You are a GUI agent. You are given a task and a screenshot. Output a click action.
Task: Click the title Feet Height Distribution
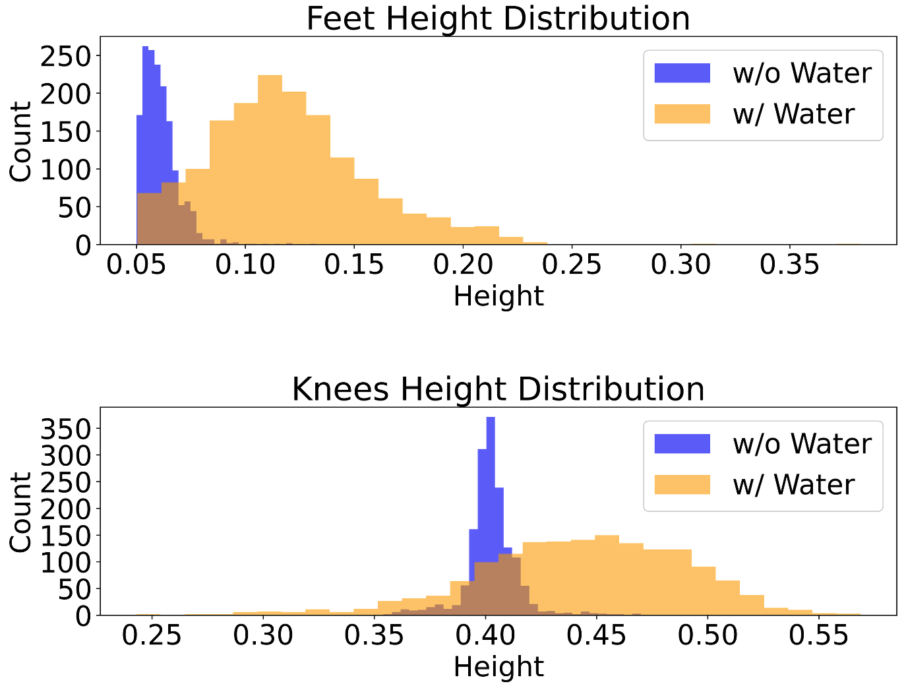(x=498, y=18)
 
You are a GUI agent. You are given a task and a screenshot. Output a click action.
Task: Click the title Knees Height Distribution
(x=498, y=389)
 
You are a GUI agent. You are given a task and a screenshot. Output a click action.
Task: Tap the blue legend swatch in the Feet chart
(x=682, y=73)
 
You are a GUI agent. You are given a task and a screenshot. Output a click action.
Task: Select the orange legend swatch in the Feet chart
(x=682, y=114)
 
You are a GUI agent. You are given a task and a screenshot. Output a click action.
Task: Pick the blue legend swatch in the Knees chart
(x=682, y=444)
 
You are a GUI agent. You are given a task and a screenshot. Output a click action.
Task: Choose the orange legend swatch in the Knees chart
(x=682, y=485)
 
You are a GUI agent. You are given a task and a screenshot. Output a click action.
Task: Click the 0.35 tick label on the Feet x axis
(x=789, y=265)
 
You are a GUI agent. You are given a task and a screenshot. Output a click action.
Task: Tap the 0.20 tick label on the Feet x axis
(x=463, y=265)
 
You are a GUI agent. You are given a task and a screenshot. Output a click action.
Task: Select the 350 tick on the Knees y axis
(x=65, y=429)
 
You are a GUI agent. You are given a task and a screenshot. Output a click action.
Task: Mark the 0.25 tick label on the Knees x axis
(x=152, y=635)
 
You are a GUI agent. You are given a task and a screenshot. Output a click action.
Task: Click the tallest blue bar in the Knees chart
(x=491, y=515)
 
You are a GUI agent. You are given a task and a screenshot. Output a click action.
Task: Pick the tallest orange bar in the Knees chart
(x=607, y=574)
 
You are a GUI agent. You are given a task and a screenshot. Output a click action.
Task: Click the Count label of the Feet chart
(x=21, y=141)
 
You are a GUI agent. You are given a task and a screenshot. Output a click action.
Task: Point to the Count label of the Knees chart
(x=21, y=512)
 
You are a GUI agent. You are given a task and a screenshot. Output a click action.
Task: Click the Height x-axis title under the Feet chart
(x=498, y=296)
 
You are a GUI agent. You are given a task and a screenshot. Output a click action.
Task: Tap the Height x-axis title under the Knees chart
(x=498, y=667)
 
